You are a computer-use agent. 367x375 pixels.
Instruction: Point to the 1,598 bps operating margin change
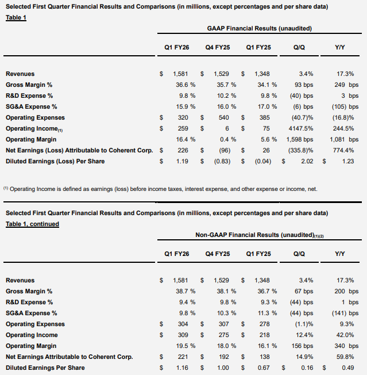click(299, 139)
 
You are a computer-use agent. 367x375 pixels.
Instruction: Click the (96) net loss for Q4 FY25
click(227, 150)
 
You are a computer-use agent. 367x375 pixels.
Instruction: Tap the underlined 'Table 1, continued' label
click(32, 224)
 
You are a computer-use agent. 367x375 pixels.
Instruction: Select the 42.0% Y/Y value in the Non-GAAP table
click(346, 335)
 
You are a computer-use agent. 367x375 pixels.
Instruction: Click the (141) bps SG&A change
click(343, 313)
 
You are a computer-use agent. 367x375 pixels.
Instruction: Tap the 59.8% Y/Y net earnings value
click(346, 357)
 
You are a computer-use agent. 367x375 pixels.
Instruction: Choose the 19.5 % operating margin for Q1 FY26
click(185, 346)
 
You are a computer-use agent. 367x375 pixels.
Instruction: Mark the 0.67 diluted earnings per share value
click(262, 368)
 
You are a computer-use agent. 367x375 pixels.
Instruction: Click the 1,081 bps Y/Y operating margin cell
click(342, 139)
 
